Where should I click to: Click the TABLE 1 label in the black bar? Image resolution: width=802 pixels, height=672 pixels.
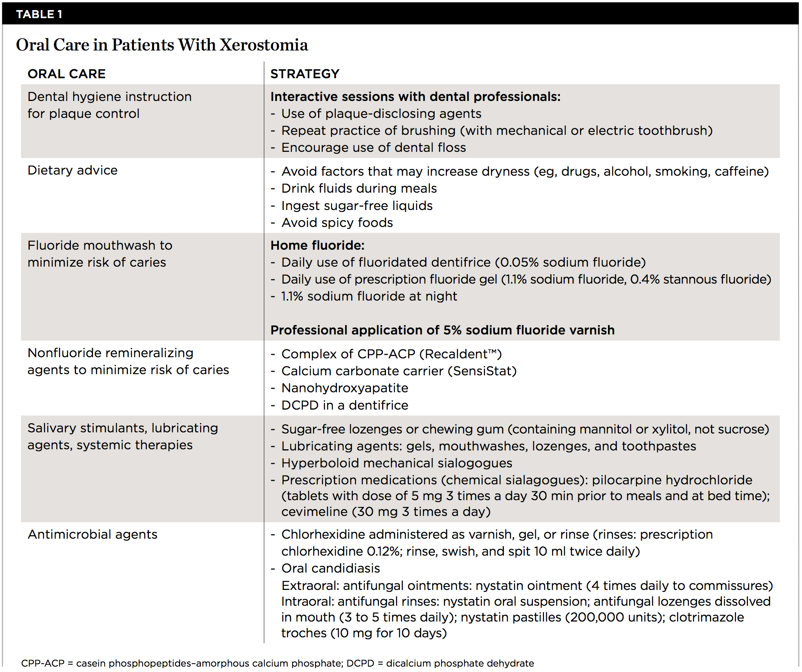[x=39, y=14]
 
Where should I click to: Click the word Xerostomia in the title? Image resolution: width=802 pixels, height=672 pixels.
[x=264, y=45]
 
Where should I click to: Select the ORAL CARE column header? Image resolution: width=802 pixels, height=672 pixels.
[x=66, y=74]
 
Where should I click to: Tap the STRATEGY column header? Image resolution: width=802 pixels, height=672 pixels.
[x=305, y=74]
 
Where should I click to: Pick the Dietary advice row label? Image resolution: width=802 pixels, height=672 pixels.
[x=72, y=170]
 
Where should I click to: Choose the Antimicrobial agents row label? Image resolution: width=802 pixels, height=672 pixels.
[x=93, y=534]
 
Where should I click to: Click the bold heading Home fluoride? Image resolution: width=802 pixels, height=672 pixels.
[x=317, y=245]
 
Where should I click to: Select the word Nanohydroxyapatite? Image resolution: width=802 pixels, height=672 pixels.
[x=345, y=388]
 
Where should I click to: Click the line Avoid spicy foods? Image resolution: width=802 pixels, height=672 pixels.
[x=337, y=223]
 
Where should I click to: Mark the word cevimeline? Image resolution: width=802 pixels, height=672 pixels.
[x=314, y=512]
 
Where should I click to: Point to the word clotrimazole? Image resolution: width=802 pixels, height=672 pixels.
[x=706, y=617]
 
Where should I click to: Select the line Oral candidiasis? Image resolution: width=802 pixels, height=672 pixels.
[x=330, y=568]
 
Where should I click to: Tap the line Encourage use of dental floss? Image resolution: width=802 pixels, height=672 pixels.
[x=373, y=148]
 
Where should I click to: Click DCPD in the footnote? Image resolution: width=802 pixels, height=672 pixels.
[x=360, y=663]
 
